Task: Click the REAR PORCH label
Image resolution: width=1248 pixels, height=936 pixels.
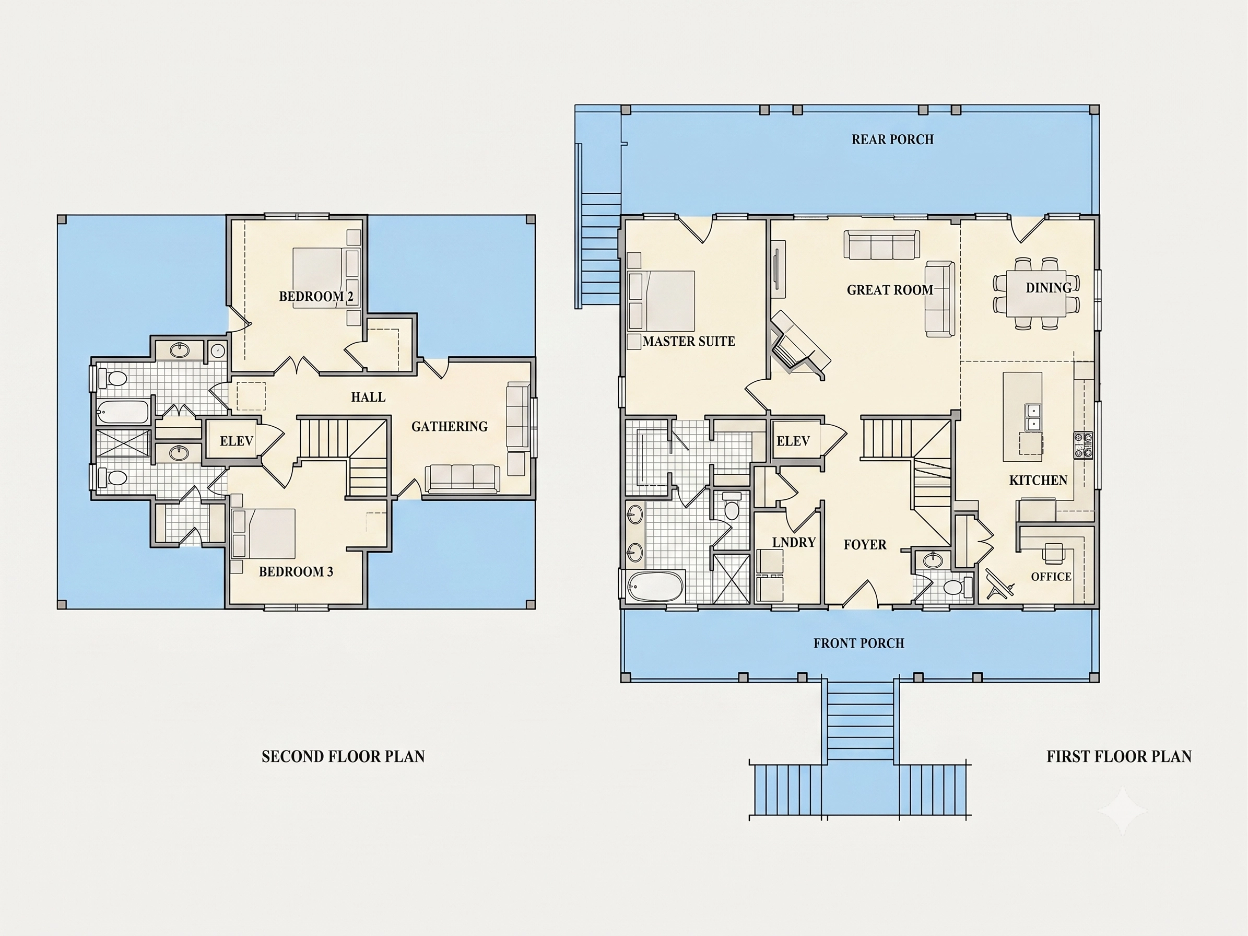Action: pos(892,139)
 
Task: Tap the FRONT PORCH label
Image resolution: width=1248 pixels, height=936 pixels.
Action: pos(858,643)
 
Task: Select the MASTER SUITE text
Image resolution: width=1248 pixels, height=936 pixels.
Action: pos(689,342)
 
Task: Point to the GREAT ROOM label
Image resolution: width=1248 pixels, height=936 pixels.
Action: pos(890,290)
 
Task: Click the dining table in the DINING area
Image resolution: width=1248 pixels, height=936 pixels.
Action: pos(1037,294)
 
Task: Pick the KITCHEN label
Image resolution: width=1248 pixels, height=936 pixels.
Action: pos(1038,480)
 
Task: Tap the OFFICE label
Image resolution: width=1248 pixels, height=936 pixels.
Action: pos(1051,577)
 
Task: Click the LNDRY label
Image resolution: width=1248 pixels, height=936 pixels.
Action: pos(794,542)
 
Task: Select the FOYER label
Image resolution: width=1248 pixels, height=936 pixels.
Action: pos(865,544)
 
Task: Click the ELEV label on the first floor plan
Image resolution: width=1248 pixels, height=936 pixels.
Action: pos(793,441)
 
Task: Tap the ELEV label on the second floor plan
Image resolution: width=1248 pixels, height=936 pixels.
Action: pos(237,441)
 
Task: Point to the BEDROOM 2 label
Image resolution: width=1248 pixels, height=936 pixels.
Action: pos(316,296)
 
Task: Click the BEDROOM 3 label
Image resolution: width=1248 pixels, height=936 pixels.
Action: pos(296,571)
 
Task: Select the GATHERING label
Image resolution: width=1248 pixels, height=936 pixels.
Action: pos(450,427)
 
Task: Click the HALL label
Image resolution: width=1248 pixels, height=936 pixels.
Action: pos(369,397)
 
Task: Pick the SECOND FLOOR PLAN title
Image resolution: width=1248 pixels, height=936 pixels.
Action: pos(343,757)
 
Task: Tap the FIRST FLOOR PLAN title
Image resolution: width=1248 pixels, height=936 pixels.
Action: pos(1120,757)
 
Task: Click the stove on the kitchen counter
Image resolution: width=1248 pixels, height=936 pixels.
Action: pos(1084,446)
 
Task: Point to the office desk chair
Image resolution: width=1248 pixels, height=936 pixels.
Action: pos(1053,553)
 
